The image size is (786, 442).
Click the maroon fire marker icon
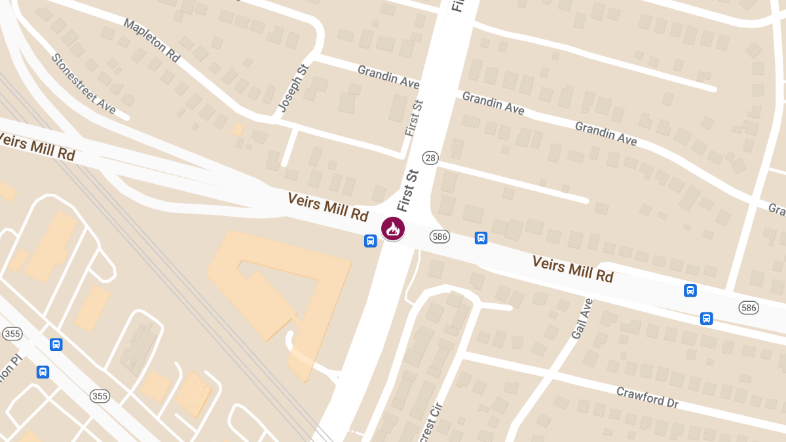(x=393, y=229)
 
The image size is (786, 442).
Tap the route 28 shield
(x=430, y=157)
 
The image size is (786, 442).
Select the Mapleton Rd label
(x=151, y=40)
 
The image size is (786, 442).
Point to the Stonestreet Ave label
(x=83, y=83)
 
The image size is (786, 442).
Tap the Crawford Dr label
(x=647, y=397)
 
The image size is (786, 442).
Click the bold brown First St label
(x=407, y=191)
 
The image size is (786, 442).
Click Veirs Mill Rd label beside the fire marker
(x=327, y=207)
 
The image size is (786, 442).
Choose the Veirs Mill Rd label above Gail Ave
(x=572, y=269)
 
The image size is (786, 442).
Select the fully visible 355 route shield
(x=100, y=396)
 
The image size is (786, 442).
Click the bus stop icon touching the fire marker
(x=370, y=241)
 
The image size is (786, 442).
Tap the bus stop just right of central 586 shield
(x=481, y=238)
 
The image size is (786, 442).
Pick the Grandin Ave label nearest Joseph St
(x=388, y=77)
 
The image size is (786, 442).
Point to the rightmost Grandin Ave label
(x=606, y=134)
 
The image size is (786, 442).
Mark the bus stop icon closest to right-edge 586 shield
(x=706, y=318)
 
